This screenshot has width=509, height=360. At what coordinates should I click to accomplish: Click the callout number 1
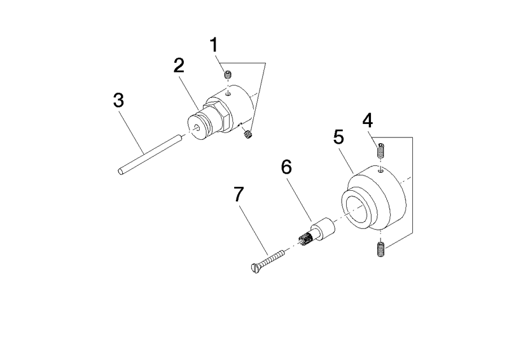point(214,45)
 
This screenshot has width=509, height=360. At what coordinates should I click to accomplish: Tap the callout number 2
point(179,66)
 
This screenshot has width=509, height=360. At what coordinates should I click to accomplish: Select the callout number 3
point(119,100)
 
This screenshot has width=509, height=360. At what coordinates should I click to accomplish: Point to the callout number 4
point(368,120)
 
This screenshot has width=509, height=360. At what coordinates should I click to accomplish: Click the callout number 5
point(339,137)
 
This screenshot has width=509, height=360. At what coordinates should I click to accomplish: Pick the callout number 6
point(286,167)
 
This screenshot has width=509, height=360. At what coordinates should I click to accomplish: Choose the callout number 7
point(239,194)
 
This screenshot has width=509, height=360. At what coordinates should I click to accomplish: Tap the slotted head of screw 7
point(256,268)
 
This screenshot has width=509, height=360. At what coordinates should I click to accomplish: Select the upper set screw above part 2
point(228,74)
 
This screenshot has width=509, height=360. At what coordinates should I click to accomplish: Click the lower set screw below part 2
point(248,134)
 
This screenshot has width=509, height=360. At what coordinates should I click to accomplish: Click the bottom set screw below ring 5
point(381,249)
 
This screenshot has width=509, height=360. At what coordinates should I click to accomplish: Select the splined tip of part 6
point(305,239)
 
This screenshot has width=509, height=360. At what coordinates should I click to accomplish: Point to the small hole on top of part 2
point(228,95)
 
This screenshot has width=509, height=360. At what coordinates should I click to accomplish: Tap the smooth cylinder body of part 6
point(323,229)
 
